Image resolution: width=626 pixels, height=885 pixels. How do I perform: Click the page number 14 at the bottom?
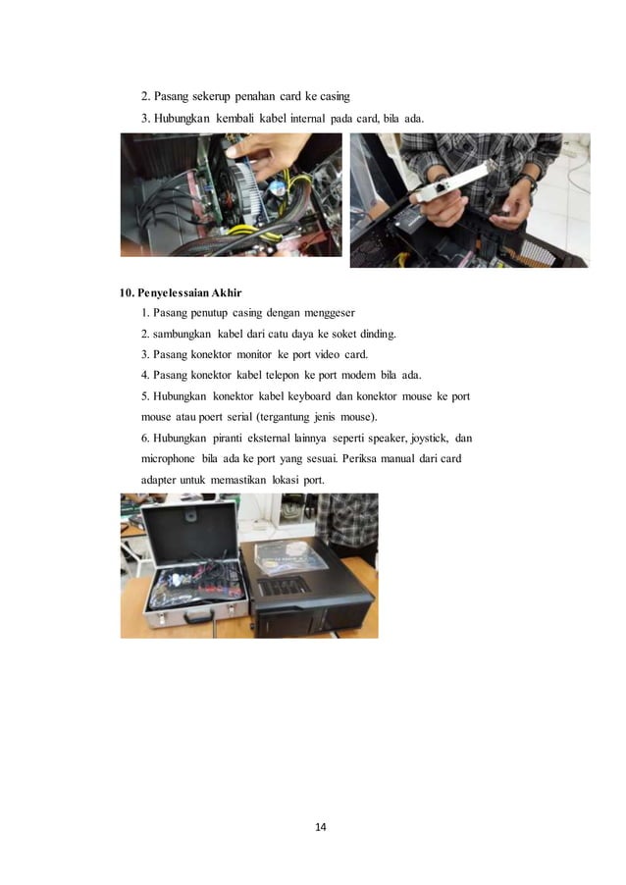tap(320, 826)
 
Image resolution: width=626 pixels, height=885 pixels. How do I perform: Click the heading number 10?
tap(127, 292)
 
